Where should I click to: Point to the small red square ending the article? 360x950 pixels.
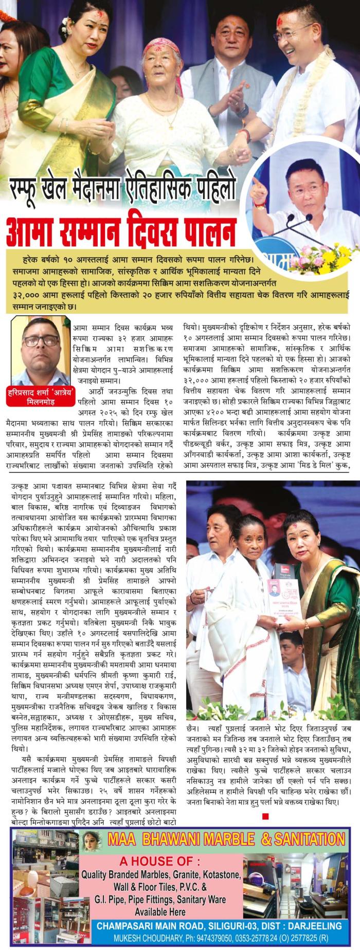pyautogui.click(x=265, y=815)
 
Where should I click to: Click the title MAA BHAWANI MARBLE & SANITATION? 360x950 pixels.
pyautogui.click(x=226, y=839)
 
